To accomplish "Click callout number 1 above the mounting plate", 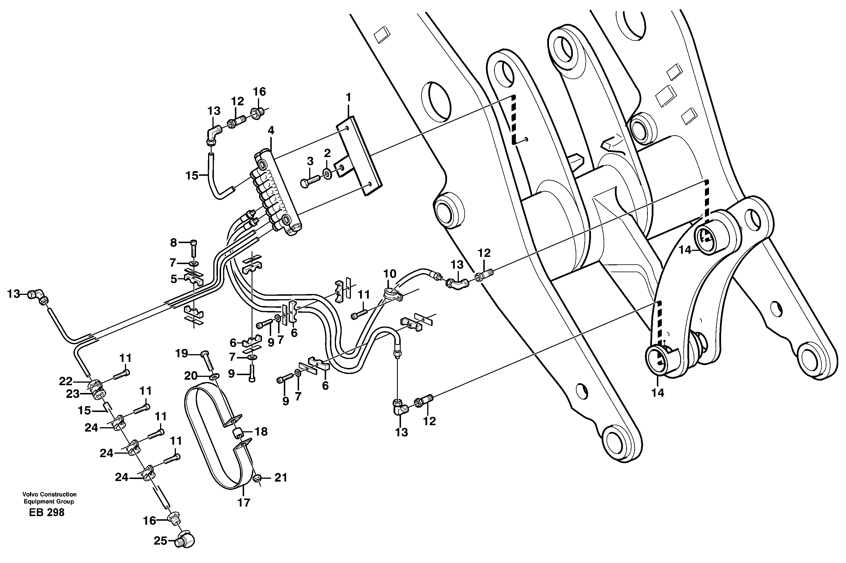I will click(x=348, y=97).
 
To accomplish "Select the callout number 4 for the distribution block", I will click(x=271, y=131).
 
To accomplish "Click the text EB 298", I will click(x=47, y=513).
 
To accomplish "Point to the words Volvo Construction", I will click(x=49, y=495).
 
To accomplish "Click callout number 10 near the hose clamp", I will click(x=390, y=274).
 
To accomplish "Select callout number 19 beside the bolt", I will click(x=182, y=354).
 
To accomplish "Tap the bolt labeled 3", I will click(x=311, y=180).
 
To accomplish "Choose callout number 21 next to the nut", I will click(x=281, y=478).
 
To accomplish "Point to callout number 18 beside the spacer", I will click(x=261, y=432).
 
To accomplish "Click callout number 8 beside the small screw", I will click(x=174, y=243).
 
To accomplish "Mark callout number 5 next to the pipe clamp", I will click(x=174, y=279).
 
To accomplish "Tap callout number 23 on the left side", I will click(x=73, y=394).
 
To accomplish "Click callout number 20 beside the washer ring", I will click(x=191, y=376).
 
